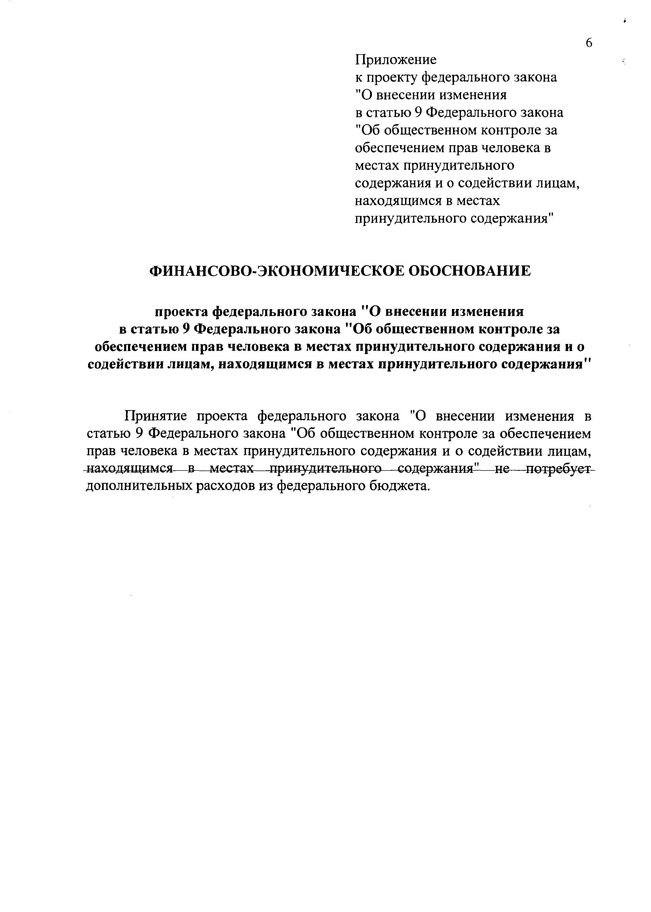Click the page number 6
pos(589,43)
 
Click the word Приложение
pos(396,60)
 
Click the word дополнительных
pos(139,486)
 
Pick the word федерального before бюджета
pos(320,486)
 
